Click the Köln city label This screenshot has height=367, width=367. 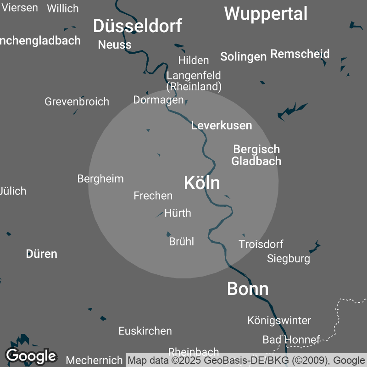(202, 183)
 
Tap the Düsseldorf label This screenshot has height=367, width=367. (137, 26)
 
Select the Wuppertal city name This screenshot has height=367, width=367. (266, 14)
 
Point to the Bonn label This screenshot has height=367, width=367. (248, 289)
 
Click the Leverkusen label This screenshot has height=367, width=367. (222, 125)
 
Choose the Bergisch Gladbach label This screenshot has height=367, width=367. (256, 155)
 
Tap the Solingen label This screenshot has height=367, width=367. (243, 56)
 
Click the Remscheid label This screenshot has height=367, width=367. (300, 54)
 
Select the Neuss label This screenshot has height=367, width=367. (115, 44)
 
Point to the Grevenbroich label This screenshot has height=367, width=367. (77, 101)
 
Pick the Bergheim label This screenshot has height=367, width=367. (100, 178)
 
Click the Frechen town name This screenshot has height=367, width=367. (153, 196)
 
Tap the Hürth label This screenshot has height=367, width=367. (178, 213)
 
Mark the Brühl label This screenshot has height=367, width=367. (182, 241)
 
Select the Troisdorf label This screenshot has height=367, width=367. (261, 244)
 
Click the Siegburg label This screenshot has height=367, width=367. (289, 259)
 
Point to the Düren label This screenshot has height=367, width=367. (42, 254)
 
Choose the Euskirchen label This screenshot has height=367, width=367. (145, 331)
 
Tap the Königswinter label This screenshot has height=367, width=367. (279, 320)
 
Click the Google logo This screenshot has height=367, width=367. (31, 356)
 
